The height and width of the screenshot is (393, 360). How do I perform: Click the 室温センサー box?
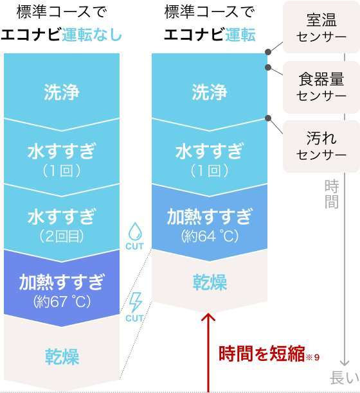[x=321, y=27]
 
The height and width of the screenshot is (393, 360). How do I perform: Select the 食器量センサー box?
[x=321, y=87]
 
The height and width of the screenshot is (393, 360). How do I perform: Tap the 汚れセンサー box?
[x=321, y=146]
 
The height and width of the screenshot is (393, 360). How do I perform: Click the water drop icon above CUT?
[x=135, y=231]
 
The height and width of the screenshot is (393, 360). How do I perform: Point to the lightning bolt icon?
[x=136, y=302]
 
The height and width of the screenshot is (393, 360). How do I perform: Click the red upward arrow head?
[x=208, y=317]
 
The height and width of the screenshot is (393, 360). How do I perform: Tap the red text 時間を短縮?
[x=262, y=354]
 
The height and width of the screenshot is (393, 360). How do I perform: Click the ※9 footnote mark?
[x=312, y=357]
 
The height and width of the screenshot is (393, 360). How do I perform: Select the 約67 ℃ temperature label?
[x=62, y=302]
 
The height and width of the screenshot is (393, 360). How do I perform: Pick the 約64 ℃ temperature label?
[x=210, y=236]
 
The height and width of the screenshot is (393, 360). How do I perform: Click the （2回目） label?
[x=62, y=236]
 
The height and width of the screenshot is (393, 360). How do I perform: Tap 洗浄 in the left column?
[x=62, y=92]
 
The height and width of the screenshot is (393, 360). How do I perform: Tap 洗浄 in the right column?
[x=210, y=92]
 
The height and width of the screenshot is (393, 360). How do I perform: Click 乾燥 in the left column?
[x=62, y=356]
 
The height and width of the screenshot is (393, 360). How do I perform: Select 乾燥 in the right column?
[x=210, y=282]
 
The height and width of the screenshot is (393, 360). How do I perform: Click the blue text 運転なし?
[x=92, y=35]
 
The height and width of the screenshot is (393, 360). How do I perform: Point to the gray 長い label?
[x=345, y=378]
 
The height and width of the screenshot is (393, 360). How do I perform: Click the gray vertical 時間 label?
[x=332, y=194]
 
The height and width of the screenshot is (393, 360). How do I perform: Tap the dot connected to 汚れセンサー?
[x=268, y=118]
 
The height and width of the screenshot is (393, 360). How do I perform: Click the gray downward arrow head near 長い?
[x=345, y=363]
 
